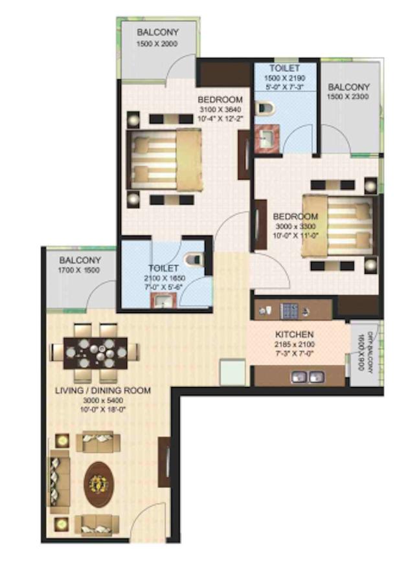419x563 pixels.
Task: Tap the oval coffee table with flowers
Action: pyautogui.click(x=99, y=482)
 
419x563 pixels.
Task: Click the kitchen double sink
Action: pyautogui.click(x=304, y=375)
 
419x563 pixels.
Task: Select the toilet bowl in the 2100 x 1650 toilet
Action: pyautogui.click(x=193, y=260)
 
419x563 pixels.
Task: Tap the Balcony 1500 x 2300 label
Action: pyautogui.click(x=348, y=87)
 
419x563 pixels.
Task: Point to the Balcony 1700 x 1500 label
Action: pyautogui.click(x=79, y=261)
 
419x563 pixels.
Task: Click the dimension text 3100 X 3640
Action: pyautogui.click(x=220, y=111)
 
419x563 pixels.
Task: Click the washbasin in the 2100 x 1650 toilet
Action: pyautogui.click(x=162, y=300)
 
